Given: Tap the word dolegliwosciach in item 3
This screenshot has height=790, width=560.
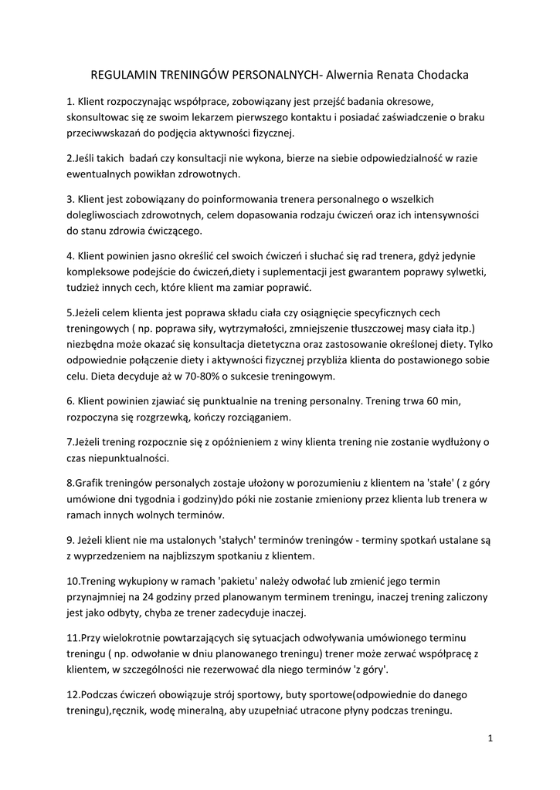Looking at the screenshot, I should coord(104,214).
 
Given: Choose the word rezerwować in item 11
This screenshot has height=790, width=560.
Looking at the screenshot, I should coord(214,670).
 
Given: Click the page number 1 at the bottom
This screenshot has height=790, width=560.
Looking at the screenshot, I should coord(490,738).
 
